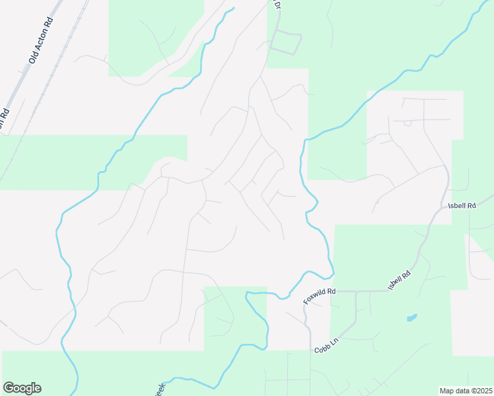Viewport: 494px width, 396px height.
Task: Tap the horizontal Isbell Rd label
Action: click(462, 206)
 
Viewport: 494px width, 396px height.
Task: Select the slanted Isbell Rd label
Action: click(400, 281)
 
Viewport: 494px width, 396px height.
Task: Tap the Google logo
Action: click(22, 388)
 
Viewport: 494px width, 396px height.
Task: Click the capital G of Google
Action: click(9, 388)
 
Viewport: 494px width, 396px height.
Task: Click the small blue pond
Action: click(411, 317)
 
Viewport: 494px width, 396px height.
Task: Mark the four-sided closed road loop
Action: click(286, 43)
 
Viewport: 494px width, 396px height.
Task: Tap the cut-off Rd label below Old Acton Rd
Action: click(4, 116)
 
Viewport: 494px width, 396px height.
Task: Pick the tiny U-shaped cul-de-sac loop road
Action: click(407, 122)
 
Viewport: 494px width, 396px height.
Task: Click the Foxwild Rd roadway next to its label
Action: click(343, 291)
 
